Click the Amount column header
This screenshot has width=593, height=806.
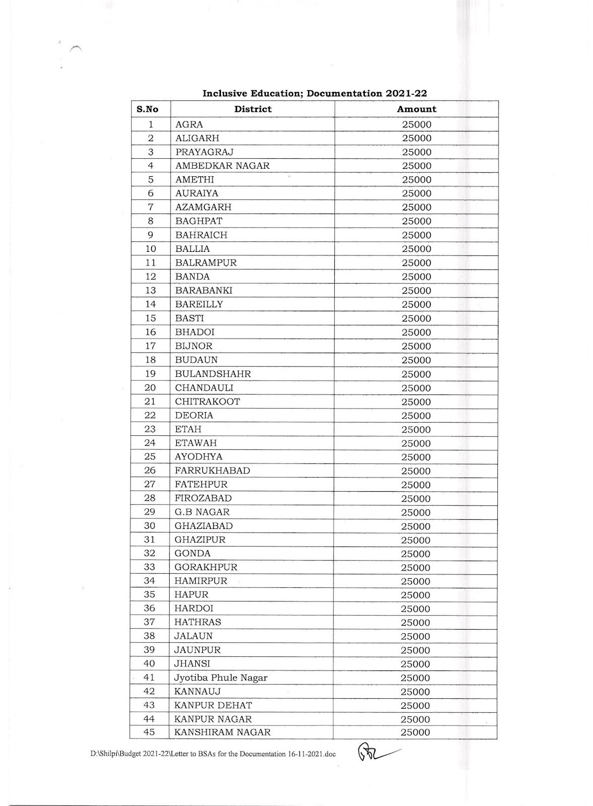coord(416,109)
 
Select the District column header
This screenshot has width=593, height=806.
coord(253,109)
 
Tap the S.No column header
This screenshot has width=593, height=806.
coord(147,109)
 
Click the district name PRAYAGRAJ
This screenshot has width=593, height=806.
coord(204,152)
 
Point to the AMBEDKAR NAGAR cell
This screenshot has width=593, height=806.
coord(222,166)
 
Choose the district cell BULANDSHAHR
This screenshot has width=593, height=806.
coord(213,374)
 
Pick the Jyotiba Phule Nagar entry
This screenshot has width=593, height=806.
coord(221,678)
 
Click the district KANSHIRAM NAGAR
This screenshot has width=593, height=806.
coord(222,732)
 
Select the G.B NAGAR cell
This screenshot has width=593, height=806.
coord(202,512)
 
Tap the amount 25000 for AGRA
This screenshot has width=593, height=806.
coord(416,124)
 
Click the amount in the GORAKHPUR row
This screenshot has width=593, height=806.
coord(415,568)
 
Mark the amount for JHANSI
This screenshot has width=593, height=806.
coord(415,664)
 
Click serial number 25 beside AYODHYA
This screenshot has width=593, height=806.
coord(150,457)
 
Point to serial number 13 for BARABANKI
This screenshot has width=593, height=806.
coord(150,290)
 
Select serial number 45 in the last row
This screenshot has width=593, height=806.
coord(150,732)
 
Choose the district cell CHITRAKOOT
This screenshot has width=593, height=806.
coord(207,401)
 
